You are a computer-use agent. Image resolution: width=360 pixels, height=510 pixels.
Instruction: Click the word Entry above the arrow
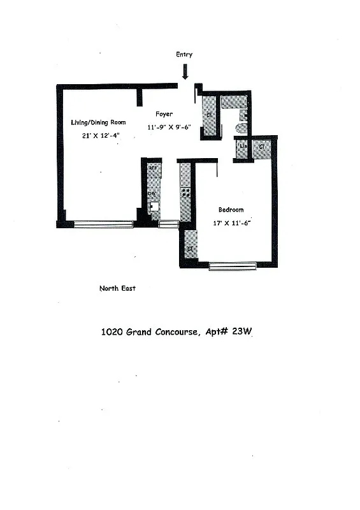184,55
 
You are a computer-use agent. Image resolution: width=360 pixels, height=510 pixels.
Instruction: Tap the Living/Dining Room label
98,122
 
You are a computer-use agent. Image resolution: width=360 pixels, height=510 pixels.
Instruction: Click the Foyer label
164,114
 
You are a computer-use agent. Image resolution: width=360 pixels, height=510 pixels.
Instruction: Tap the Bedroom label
231,210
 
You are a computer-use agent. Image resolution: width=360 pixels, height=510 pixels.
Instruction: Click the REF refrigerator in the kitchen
154,169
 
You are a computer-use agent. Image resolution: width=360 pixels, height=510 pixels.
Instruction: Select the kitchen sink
153,206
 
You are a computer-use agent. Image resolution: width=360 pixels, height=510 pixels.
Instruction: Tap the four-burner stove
186,192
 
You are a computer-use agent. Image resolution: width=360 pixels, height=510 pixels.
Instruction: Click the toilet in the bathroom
241,127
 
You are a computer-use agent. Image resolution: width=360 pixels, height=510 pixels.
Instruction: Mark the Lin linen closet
242,149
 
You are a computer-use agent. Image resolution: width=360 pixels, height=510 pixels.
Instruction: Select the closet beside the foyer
209,115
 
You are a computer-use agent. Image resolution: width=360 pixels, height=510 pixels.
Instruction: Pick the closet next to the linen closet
261,149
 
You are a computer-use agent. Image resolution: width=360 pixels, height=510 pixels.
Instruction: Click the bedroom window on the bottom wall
232,266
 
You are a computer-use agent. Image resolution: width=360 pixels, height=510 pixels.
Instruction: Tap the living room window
104,224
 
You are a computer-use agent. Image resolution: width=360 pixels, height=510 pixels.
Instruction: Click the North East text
117,288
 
